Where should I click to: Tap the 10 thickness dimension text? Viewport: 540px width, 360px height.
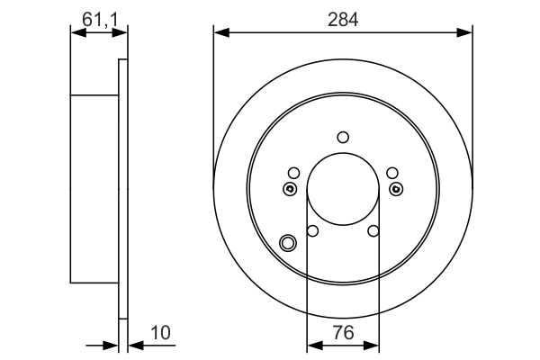[160, 333]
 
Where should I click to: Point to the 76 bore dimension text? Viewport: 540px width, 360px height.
[343, 333]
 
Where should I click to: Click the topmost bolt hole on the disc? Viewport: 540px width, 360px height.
[343, 137]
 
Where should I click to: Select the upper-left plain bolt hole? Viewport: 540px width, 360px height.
[293, 173]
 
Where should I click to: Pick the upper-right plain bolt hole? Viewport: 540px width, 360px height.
[391, 173]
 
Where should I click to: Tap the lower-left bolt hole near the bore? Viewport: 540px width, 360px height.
[312, 231]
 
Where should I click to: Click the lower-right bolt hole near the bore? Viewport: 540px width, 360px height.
[373, 231]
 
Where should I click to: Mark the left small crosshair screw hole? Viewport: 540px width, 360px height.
[289, 189]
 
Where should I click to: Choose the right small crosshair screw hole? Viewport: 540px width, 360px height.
[397, 189]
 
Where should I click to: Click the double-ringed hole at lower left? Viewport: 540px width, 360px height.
[288, 242]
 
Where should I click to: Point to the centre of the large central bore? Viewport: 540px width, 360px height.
[343, 189]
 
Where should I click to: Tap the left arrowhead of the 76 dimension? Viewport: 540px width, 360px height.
[312, 344]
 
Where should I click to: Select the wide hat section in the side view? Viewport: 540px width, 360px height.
[94, 189]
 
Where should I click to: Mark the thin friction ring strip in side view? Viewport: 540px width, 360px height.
[123, 189]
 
